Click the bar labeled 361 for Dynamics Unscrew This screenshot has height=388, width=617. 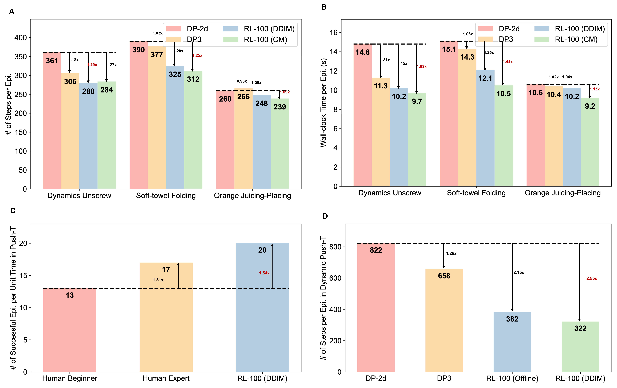coord(52,120)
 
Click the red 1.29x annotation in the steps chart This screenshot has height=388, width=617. coord(92,65)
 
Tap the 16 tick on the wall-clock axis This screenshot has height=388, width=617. coord(334,32)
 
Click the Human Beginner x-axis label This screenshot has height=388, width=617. coord(70,378)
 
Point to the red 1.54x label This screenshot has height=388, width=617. coord(264,273)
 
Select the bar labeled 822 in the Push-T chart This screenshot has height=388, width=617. coord(376,307)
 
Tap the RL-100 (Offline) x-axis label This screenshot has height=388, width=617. coord(512,378)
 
